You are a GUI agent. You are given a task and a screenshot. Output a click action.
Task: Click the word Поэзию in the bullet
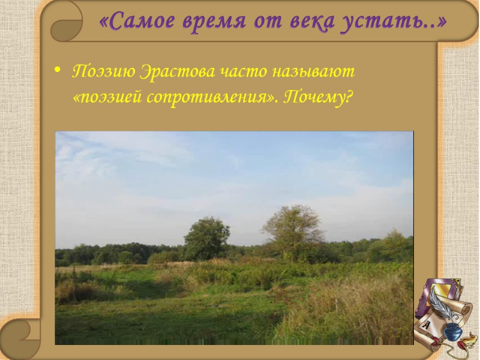[x=103, y=71]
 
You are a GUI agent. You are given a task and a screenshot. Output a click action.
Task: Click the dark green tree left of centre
[x=206, y=238]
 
